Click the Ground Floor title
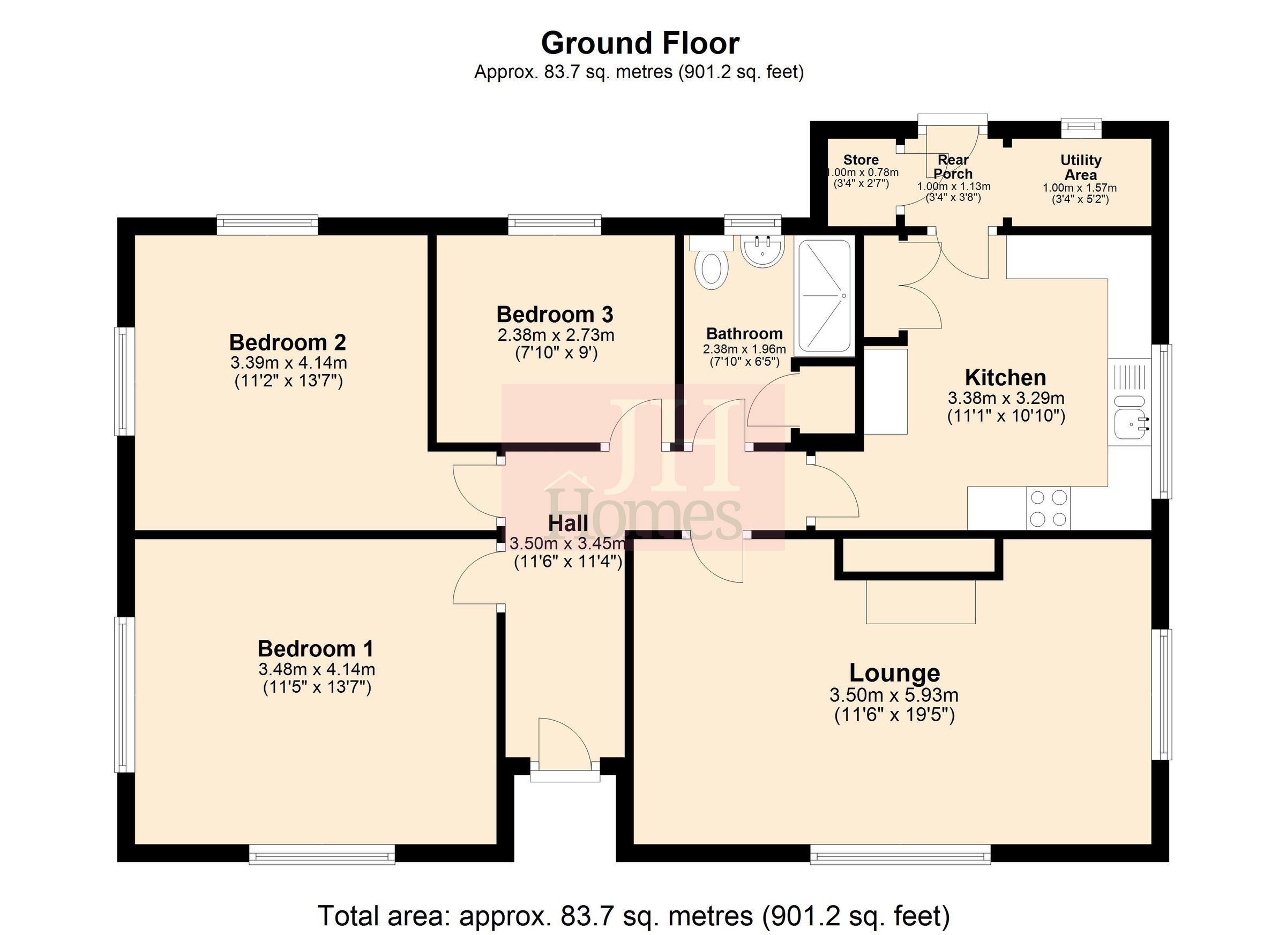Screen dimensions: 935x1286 640,43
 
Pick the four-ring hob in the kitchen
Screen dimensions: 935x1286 1048,508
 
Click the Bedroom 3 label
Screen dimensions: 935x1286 555,314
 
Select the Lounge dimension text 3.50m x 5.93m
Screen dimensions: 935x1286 894,694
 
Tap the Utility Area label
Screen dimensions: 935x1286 1080,167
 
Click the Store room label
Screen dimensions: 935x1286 861,160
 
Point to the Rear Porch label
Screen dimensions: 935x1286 953,167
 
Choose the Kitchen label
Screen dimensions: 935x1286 1005,378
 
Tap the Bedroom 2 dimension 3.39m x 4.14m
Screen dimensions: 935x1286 289,362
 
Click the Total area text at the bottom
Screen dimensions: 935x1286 633,916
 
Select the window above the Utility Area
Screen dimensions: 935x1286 1081,128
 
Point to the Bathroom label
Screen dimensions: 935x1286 744,333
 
